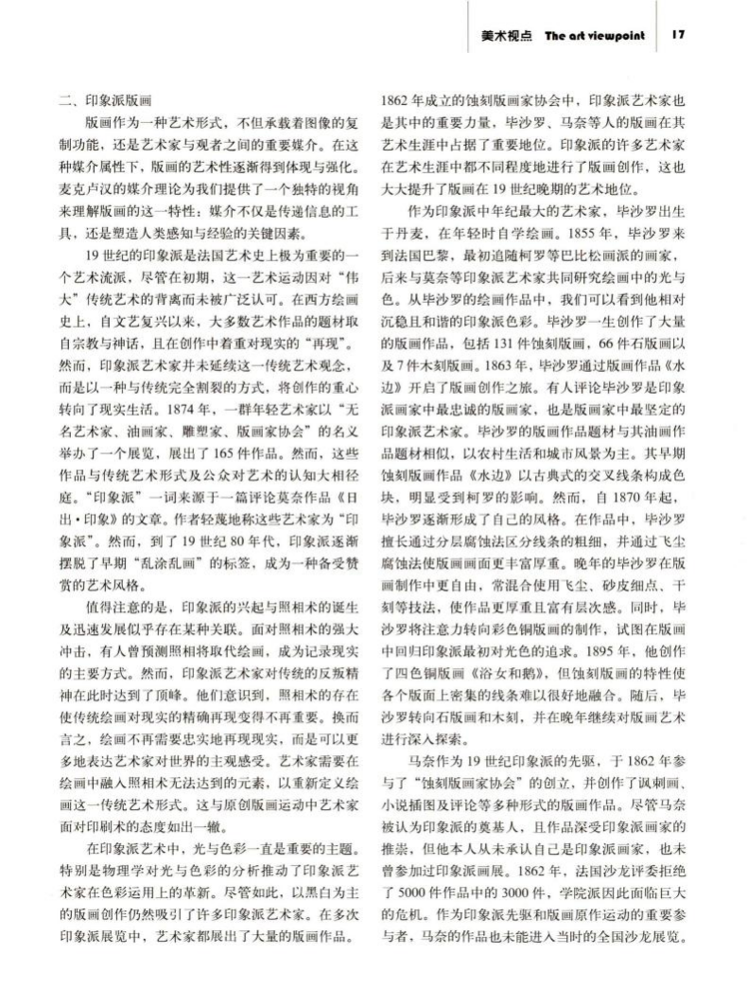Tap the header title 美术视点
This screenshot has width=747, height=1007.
coord(503,36)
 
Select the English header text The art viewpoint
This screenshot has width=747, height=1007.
coord(595,36)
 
